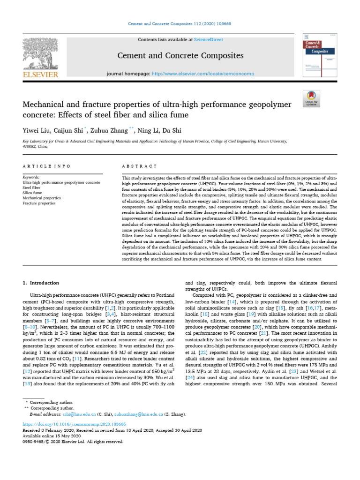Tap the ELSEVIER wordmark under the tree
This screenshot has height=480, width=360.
pyautogui.click(x=41, y=75)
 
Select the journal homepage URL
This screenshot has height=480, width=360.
pyautogui.click(x=202, y=74)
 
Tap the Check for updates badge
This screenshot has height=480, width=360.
pyautogui.click(x=311, y=97)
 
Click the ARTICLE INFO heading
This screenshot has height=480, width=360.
pyautogui.click(x=47, y=166)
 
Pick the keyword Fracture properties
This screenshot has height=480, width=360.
pyautogui.click(x=39, y=203)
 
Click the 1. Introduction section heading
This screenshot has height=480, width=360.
pyautogui.click(x=41, y=283)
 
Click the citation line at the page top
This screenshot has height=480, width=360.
pyautogui.click(x=180, y=23)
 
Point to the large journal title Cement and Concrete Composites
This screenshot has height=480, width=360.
pyautogui.click(x=180, y=56)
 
